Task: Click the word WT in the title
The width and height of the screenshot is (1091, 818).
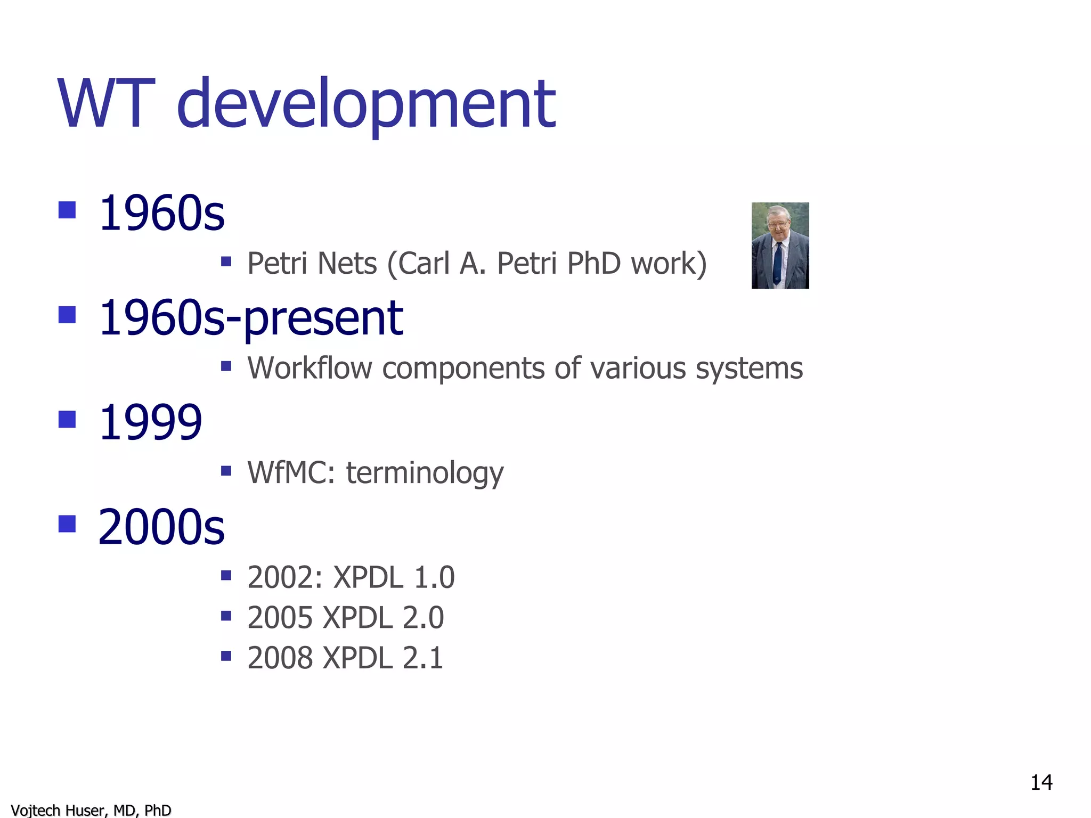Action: click(x=106, y=103)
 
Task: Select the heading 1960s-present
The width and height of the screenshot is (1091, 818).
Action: click(x=250, y=318)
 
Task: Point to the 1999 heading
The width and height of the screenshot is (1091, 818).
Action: click(x=150, y=422)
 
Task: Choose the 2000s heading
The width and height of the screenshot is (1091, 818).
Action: click(x=161, y=527)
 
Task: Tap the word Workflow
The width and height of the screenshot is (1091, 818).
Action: click(x=310, y=368)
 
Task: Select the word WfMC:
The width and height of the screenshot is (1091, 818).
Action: click(x=291, y=472)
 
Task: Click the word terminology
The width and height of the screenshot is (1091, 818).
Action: click(x=425, y=473)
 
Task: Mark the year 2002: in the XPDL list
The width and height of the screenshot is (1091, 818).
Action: click(x=285, y=577)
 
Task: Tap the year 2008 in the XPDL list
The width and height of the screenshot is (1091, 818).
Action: click(x=280, y=658)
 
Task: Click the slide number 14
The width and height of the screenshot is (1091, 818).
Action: click(x=1041, y=783)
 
